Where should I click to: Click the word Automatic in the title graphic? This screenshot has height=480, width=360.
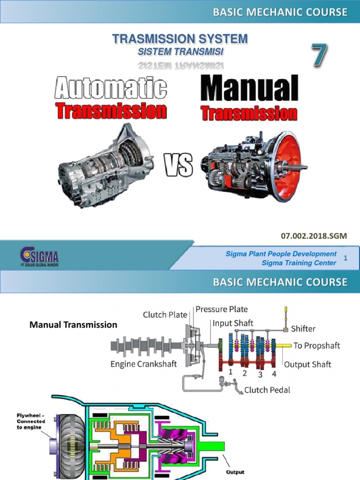tap(111, 89)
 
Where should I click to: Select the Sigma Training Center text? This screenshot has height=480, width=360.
tap(299, 263)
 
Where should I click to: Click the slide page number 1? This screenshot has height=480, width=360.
tap(345, 258)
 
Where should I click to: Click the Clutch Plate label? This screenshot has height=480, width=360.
tap(165, 315)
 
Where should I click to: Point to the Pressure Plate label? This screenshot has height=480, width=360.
tap(222, 309)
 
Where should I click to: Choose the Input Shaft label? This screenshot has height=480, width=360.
tap(233, 323)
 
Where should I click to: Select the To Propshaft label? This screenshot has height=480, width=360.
tap(316, 345)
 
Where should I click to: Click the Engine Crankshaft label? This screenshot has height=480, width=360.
tap(143, 364)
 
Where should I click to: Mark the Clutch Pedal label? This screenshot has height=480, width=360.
tap(267, 390)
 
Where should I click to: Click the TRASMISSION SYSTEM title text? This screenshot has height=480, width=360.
tap(180, 39)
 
